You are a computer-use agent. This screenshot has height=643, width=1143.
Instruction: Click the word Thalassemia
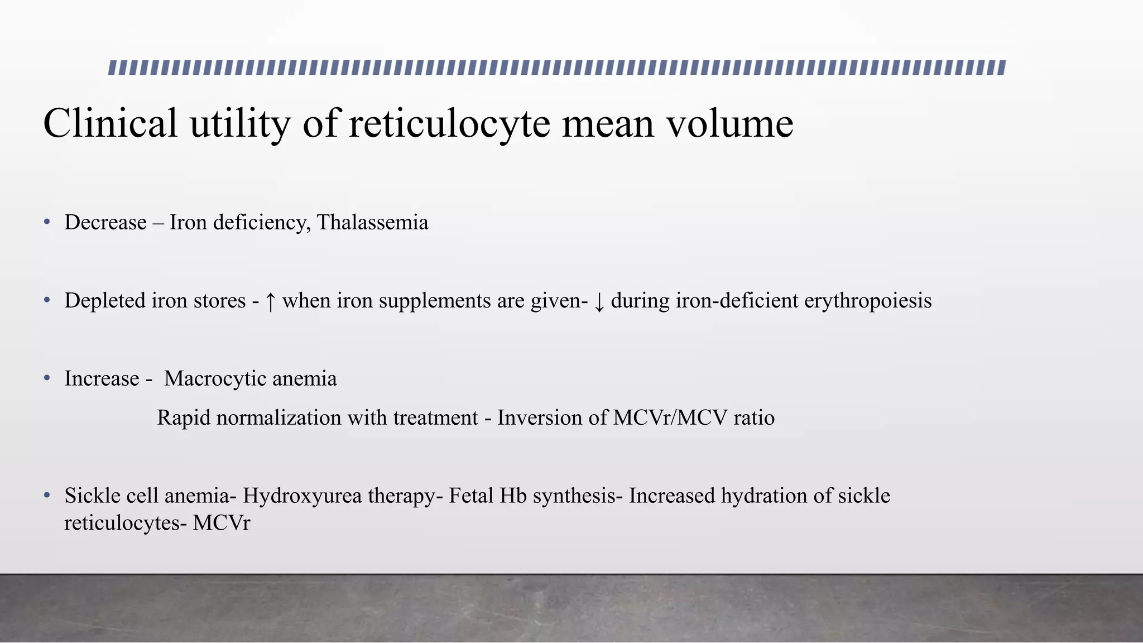point(372,222)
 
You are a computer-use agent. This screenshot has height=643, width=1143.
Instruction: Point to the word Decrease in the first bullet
point(105,222)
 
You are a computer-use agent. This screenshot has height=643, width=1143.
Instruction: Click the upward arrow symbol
point(270,301)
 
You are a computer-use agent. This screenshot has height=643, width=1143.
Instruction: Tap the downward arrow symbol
point(599,301)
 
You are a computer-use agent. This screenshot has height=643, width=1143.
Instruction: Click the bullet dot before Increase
point(47,378)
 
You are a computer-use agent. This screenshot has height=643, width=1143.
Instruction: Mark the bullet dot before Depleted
point(47,300)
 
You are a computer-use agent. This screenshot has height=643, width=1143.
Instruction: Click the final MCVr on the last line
point(222,524)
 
